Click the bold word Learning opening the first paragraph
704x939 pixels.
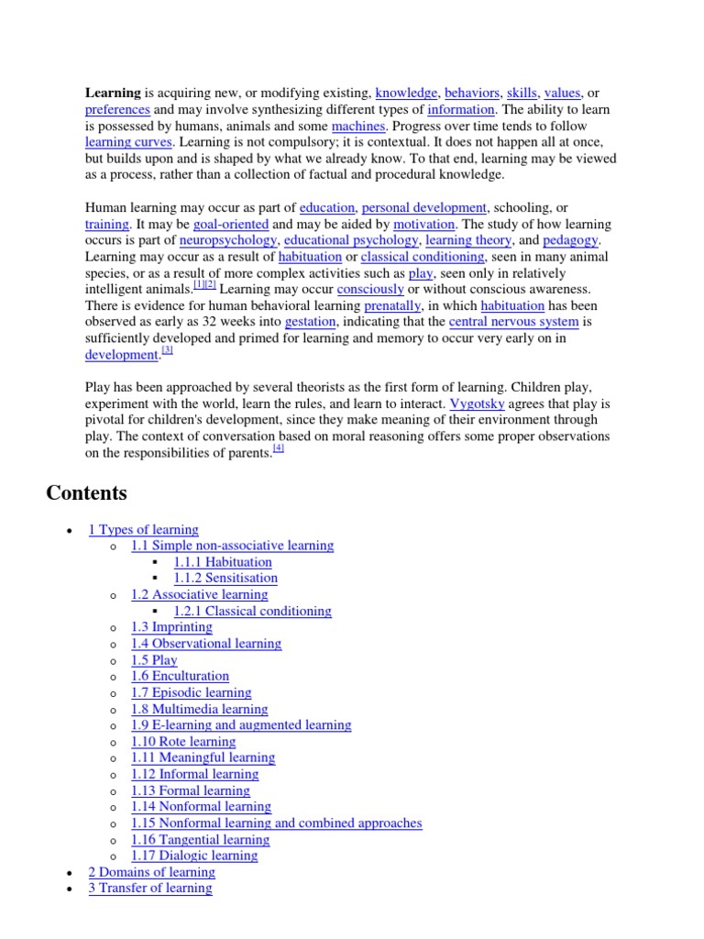[113, 93]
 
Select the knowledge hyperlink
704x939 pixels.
[406, 93]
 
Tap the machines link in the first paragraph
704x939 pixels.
[358, 126]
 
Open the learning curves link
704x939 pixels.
[128, 142]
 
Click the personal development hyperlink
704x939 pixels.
[424, 208]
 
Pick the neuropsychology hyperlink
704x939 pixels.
[227, 240]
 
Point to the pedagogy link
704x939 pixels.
[570, 240]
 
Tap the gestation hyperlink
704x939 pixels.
[311, 322]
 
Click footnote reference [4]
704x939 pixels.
[279, 448]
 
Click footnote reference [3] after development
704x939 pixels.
[167, 350]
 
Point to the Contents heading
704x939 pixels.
[86, 493]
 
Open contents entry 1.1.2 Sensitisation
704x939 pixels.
[225, 579]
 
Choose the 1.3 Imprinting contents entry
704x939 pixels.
[171, 627]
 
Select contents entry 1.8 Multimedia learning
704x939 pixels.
[200, 709]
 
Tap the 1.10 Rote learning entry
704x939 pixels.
[183, 742]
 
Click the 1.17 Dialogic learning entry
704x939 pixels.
[194, 856]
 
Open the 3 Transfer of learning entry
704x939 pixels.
[150, 889]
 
